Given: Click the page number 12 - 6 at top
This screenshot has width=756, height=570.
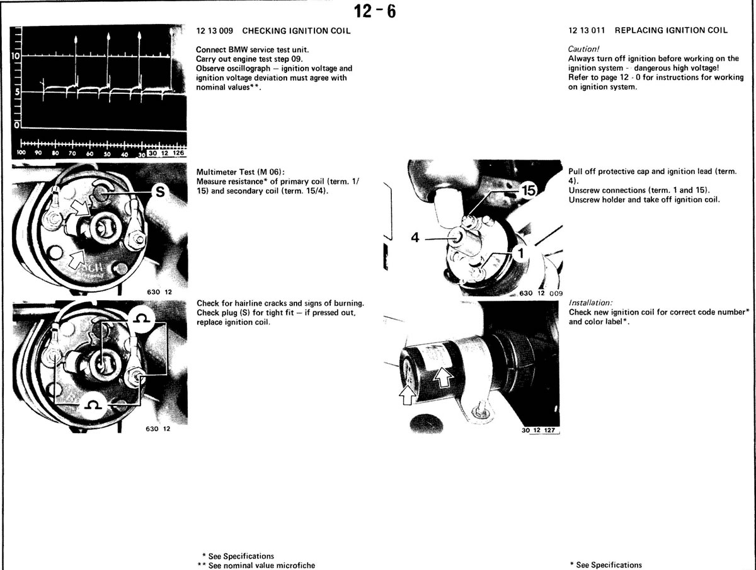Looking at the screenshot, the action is [375, 12].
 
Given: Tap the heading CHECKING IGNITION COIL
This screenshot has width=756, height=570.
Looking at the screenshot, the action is [296, 31].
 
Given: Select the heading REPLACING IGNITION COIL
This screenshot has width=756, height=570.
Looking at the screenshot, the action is [671, 30].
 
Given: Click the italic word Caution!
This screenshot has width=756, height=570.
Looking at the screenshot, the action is [583, 49].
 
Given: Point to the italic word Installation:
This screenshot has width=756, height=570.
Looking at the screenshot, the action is [590, 303].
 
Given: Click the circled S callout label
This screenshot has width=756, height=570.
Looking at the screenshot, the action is [160, 192].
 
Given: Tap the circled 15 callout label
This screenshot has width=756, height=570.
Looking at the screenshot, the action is [529, 190].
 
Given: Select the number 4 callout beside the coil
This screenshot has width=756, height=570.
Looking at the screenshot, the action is [415, 238].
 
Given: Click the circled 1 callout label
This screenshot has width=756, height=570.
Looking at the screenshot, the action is [520, 253].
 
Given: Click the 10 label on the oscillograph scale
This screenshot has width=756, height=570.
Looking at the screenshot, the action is [16, 55].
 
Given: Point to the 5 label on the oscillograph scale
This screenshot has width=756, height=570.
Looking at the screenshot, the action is [17, 93].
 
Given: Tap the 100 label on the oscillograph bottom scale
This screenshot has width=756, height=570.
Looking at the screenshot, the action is [21, 153].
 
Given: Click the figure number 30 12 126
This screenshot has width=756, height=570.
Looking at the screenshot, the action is [166, 153].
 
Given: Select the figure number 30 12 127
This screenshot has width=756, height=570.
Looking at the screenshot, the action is [538, 430].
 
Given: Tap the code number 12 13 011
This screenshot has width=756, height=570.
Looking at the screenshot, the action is [586, 30].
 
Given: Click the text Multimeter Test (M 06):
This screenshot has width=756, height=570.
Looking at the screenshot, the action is [241, 172].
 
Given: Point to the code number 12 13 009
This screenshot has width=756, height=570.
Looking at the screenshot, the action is [215, 31].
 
